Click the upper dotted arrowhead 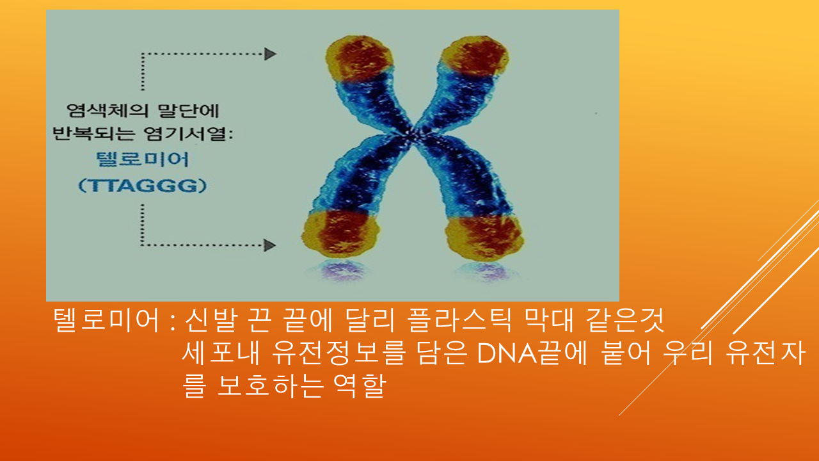click(x=270, y=54)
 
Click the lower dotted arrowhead click(x=270, y=245)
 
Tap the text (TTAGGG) click(x=143, y=186)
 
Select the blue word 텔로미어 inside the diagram click(x=143, y=159)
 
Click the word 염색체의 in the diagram click(x=107, y=111)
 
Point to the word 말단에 click(x=189, y=111)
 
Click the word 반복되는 click(x=94, y=133)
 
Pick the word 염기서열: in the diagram click(x=188, y=133)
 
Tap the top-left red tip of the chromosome click(x=360, y=58)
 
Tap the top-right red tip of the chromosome click(x=475, y=57)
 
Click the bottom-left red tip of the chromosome click(x=341, y=233)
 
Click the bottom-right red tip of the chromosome click(x=484, y=237)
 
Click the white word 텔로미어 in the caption click(x=106, y=320)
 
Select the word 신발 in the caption click(x=211, y=320)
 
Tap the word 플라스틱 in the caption click(x=459, y=320)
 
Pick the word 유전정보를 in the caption click(x=339, y=353)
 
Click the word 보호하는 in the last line click(x=270, y=386)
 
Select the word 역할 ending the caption click(x=360, y=386)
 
